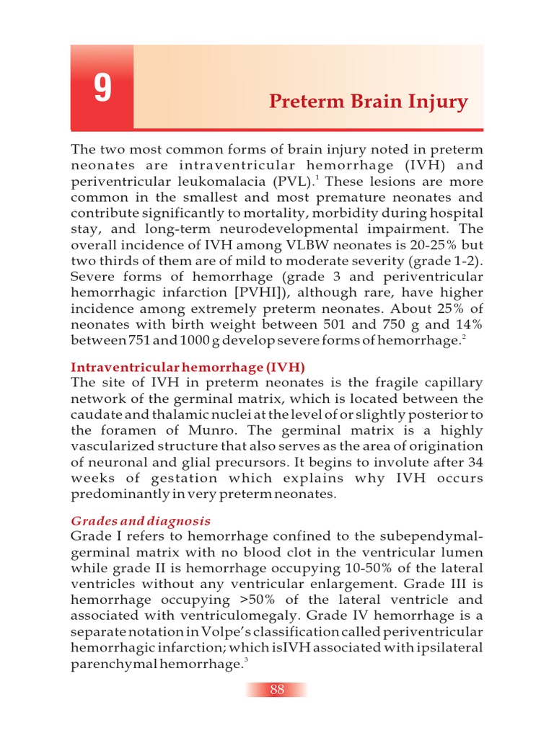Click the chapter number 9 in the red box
click(x=102, y=89)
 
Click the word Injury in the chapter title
click(x=439, y=102)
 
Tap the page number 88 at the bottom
click(x=277, y=690)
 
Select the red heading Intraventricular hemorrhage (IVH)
click(x=188, y=366)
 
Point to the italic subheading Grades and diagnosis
click(x=140, y=520)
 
